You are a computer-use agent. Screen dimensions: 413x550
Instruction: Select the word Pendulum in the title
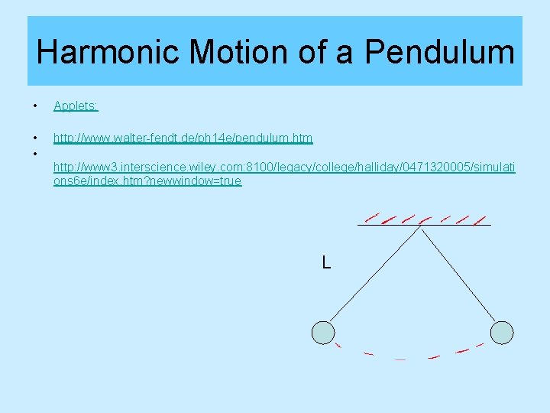click(x=439, y=52)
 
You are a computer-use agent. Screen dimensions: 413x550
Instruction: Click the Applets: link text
click(x=76, y=106)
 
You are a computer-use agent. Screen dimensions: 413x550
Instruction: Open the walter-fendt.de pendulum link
click(x=183, y=138)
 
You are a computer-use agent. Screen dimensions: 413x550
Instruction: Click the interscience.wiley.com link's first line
click(x=284, y=167)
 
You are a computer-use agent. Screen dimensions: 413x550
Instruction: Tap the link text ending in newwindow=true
click(x=147, y=181)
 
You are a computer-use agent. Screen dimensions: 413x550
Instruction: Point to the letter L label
click(x=326, y=263)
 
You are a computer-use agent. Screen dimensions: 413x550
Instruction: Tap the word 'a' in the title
click(x=348, y=52)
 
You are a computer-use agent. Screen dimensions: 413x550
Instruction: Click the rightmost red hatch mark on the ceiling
click(x=480, y=220)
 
